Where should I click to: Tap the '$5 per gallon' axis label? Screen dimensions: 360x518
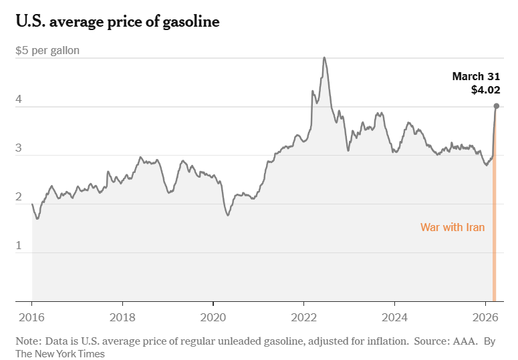[47, 51]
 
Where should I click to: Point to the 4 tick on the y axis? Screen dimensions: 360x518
[19, 100]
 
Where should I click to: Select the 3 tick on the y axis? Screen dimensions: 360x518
[19, 148]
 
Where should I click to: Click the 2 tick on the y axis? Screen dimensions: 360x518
[19, 197]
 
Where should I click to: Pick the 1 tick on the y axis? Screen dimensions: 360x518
[19, 246]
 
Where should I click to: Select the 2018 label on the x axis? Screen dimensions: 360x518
[122, 317]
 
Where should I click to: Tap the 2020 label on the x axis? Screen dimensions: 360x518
[213, 317]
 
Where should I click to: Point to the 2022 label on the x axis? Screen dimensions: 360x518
[304, 317]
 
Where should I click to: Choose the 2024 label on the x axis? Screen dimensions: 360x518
[395, 317]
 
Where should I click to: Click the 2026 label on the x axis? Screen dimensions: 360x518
[485, 317]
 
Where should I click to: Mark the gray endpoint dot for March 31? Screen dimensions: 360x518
[496, 106]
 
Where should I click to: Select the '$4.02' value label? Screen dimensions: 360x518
[486, 89]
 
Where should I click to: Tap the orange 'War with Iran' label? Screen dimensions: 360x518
[452, 227]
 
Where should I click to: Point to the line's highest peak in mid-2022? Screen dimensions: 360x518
[324, 57]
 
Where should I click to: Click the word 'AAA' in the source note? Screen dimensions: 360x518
[466, 341]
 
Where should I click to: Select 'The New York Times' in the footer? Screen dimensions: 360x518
[60, 353]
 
